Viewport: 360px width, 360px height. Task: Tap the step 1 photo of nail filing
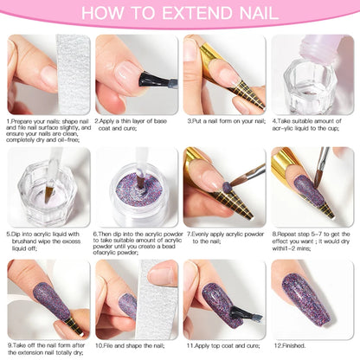tap(47, 74)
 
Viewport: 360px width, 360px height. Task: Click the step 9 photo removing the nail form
tap(47, 299)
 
